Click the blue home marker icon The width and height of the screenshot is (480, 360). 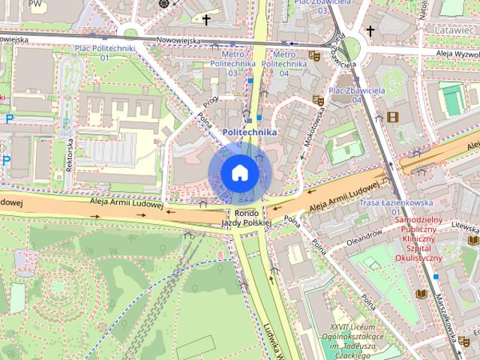[240, 172]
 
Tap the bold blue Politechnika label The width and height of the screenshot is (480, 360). [250, 132]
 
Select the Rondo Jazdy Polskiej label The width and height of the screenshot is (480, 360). [245, 218]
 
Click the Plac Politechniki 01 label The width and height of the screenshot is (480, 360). [104, 52]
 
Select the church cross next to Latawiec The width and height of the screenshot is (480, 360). [370, 31]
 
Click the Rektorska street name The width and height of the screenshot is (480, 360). [68, 154]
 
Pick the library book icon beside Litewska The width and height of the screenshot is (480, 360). [473, 240]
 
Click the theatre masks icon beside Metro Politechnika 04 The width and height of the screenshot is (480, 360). [314, 55]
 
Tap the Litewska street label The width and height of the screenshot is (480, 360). [466, 225]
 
